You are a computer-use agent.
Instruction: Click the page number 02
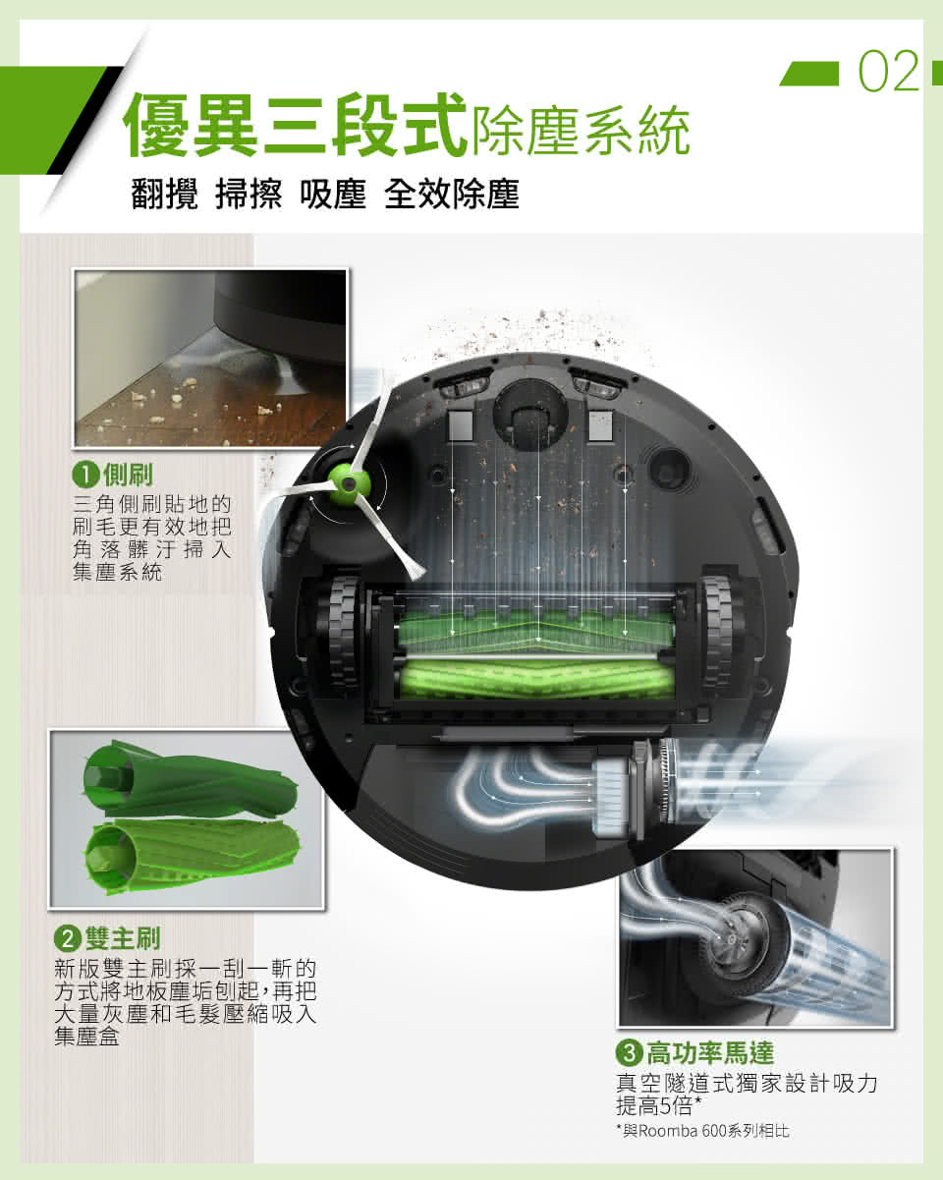click(x=889, y=72)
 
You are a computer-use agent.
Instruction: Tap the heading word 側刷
click(x=129, y=475)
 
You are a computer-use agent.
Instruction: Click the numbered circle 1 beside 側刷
click(x=85, y=475)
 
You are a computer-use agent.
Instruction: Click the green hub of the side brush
click(x=349, y=482)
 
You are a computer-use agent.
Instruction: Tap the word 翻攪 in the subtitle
click(x=164, y=194)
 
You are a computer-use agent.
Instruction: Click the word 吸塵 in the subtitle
click(x=333, y=194)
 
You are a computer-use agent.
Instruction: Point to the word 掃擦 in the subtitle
click(x=249, y=194)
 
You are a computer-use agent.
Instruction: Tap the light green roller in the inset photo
click(x=192, y=856)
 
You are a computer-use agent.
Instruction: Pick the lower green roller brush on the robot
click(x=537, y=679)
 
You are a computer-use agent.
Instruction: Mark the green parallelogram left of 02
click(x=809, y=74)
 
